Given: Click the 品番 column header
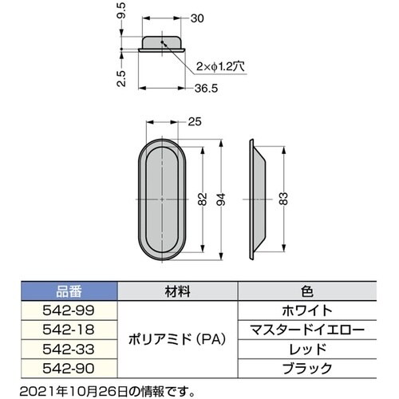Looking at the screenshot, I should pos(69,291).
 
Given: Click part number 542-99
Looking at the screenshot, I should pos(69,308).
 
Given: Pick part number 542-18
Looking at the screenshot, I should pos(69,328).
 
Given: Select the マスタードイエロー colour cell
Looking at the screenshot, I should pos(306,328).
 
